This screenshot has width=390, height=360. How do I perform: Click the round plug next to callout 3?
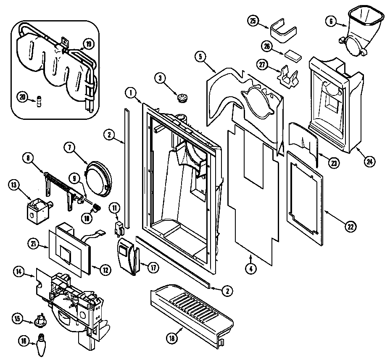pos(182,98)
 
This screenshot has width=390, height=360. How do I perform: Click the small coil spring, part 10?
pos(97,207)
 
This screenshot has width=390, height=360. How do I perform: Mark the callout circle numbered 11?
pos(115,206)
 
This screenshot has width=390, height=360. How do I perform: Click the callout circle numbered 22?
pos(350,226)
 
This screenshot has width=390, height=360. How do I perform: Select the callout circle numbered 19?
pos(87,44)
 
